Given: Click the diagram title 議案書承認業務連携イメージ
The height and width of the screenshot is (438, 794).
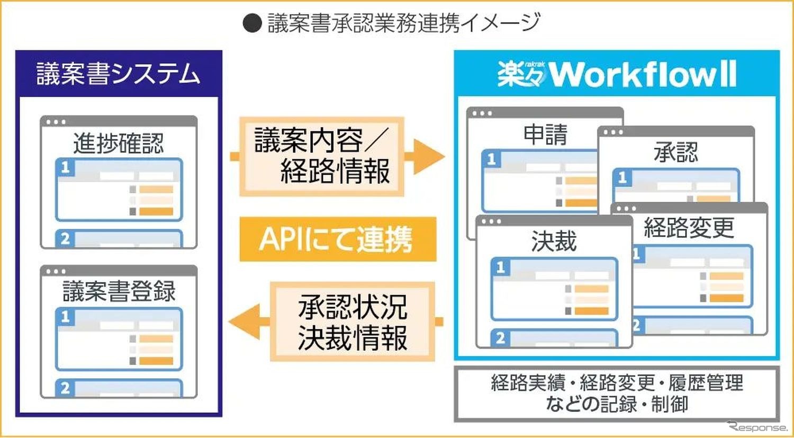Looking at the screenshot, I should [x=403, y=23].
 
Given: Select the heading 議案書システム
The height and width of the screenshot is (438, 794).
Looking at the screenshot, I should [x=119, y=74].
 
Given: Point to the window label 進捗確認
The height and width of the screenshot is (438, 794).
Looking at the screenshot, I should [x=119, y=143].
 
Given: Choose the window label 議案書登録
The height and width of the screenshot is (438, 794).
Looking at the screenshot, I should [x=119, y=291].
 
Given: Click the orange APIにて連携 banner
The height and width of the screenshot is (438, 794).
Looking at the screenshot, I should [x=337, y=239].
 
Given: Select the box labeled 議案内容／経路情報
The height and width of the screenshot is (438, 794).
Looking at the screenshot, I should [x=321, y=156].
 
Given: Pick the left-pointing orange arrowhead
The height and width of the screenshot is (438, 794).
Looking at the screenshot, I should [x=245, y=321].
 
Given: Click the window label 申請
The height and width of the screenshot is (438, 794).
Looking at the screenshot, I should [x=545, y=135].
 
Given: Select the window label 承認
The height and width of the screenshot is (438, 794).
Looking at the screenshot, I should [x=676, y=153].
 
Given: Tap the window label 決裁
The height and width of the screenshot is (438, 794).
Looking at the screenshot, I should [x=554, y=242].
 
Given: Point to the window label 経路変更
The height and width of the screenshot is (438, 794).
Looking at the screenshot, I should [x=689, y=228].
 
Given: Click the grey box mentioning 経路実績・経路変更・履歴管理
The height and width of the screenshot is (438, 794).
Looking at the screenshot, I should [x=617, y=394].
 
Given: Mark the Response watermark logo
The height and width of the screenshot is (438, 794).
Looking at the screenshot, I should [x=757, y=426].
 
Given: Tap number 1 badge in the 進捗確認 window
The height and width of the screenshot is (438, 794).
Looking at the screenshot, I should [x=65, y=167].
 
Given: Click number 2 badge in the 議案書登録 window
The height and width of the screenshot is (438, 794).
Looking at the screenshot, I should [x=65, y=388].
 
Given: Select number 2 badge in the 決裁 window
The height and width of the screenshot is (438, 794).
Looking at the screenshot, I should [x=500, y=338].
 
